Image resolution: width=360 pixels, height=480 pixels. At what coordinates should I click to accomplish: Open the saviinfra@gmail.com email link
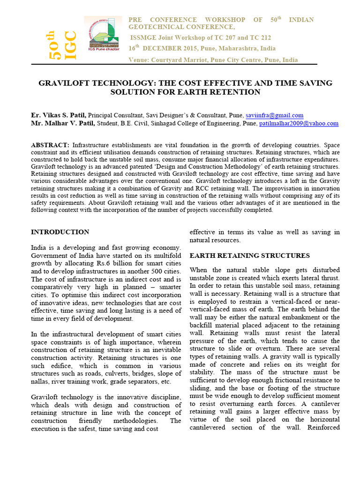click(x=274, y=115)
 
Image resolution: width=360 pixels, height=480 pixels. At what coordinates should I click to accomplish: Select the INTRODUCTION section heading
click(x=60, y=232)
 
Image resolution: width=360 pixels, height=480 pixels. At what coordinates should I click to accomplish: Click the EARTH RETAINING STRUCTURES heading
click(x=249, y=255)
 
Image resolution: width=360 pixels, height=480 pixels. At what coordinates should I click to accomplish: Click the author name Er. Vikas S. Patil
click(x=58, y=115)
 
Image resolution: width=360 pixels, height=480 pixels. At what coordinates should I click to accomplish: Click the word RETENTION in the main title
click(x=235, y=92)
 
